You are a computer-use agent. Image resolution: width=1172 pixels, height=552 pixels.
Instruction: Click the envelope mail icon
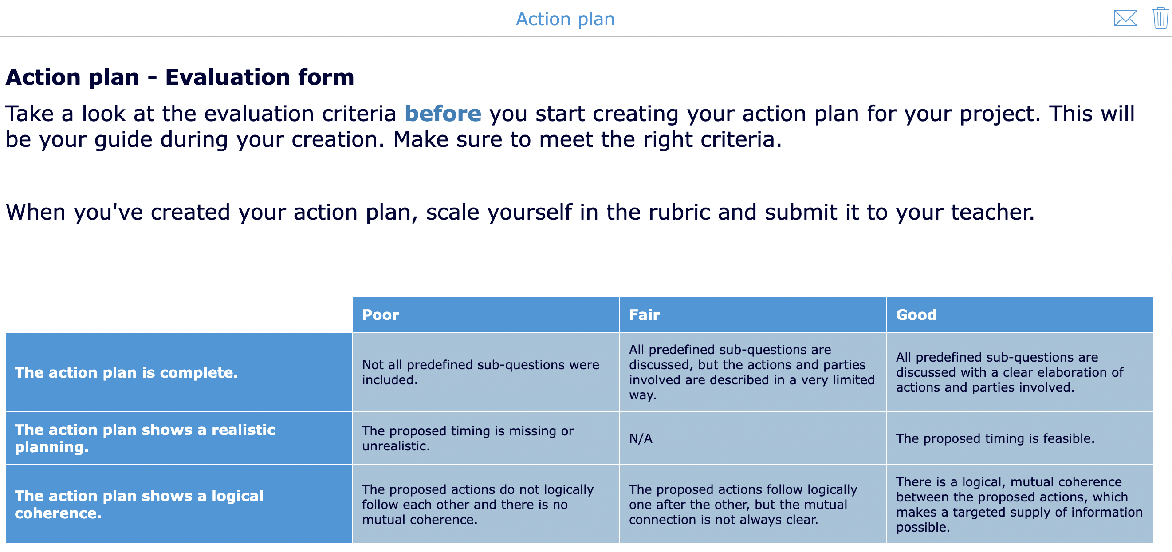(x=1125, y=19)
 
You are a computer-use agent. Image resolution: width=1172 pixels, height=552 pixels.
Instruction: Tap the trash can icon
(x=1160, y=18)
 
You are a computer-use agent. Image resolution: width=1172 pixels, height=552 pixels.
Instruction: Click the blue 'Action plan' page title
(x=565, y=19)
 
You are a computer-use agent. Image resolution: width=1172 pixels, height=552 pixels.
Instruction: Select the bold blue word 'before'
(x=443, y=114)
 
